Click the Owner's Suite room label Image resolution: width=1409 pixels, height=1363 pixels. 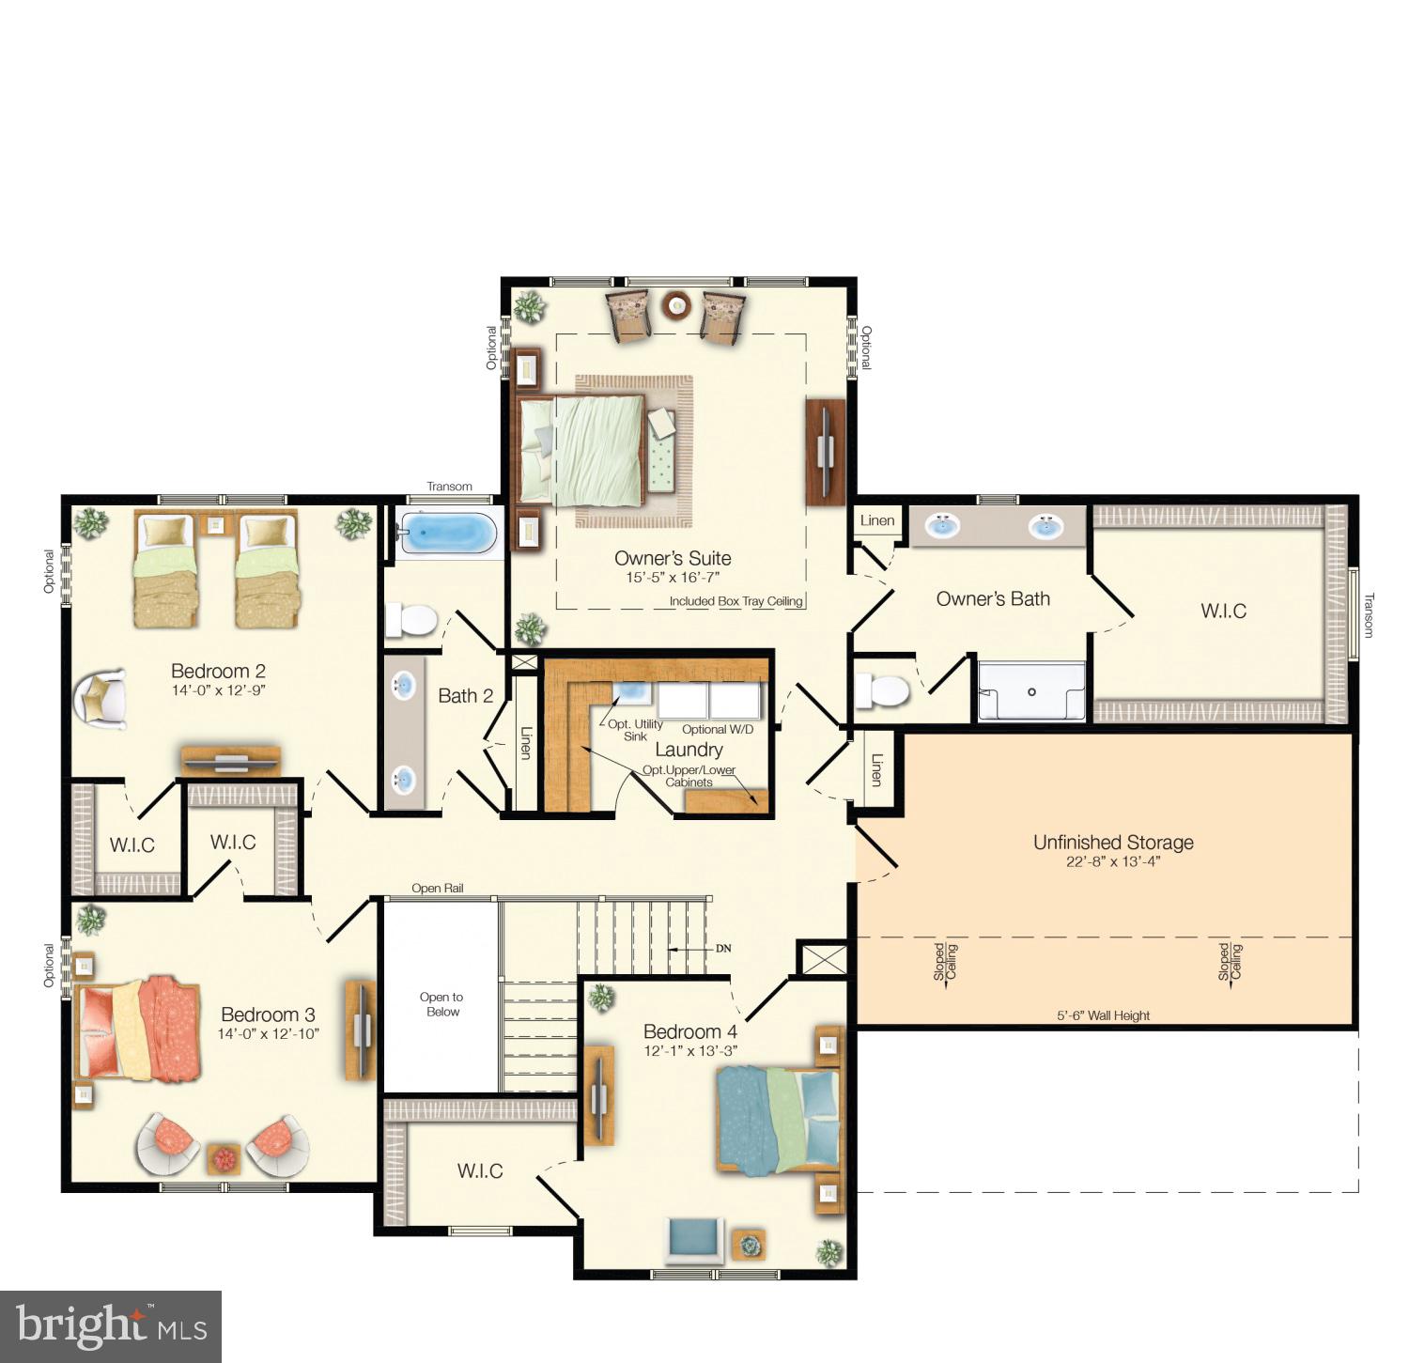tap(673, 558)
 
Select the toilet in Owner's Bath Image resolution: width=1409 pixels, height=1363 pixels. tap(881, 690)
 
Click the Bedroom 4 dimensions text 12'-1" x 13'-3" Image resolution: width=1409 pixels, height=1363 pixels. tap(690, 1051)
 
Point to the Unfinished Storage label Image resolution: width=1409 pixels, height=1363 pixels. tap(1113, 843)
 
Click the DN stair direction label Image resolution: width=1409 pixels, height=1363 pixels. tap(723, 949)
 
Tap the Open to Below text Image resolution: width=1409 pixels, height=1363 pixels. tap(441, 1004)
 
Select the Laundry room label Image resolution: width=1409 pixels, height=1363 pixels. tap(689, 750)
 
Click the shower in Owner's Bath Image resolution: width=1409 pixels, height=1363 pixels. tap(1031, 692)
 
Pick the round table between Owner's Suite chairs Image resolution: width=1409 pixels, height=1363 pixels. tap(676, 304)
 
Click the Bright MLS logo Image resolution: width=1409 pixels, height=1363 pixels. tap(111, 1326)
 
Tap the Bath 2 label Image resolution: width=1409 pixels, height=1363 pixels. tap(465, 696)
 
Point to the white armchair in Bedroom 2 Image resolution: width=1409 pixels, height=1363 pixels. tap(101, 699)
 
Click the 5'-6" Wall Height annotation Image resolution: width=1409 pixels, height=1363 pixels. tap(1103, 1015)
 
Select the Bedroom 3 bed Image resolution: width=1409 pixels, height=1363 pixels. tap(139, 1029)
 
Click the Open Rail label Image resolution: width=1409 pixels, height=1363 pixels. tap(437, 889)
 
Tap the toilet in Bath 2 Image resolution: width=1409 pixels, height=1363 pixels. tap(411, 620)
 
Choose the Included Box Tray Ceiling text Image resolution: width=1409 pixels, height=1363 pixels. tap(735, 601)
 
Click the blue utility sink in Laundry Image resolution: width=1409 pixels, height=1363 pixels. tap(628, 692)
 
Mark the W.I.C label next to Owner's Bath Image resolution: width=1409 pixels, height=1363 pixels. tap(1223, 612)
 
